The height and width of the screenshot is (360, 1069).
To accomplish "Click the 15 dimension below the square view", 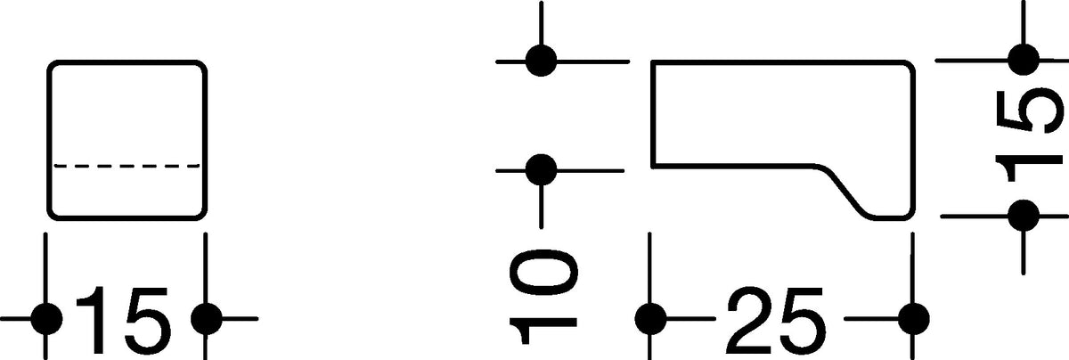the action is [x=123, y=320].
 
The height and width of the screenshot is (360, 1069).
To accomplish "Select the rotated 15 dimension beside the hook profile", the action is [x=1030, y=137].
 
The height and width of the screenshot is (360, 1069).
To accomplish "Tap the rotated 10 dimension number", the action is [x=543, y=297].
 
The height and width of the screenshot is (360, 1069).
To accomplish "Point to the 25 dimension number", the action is [x=776, y=320].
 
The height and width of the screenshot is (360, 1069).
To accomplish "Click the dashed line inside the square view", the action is [x=126, y=166].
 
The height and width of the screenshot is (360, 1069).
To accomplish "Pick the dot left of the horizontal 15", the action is [x=46, y=318].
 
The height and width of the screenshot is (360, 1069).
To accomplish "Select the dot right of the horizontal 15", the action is [x=206, y=318].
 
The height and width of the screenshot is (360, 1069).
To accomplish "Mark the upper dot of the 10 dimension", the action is [x=541, y=61].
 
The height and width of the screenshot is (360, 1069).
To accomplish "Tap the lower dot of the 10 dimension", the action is [x=541, y=170].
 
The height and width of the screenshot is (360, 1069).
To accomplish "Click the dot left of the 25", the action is [x=650, y=318].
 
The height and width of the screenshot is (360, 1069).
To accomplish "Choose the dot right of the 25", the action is [x=913, y=318].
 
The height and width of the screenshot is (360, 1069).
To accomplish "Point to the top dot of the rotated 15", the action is [x=1024, y=60].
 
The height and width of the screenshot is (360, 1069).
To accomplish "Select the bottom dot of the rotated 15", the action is [x=1024, y=216].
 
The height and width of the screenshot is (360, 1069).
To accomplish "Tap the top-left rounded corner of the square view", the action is [x=53, y=66].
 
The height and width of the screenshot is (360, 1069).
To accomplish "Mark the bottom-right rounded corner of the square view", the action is [x=201, y=215].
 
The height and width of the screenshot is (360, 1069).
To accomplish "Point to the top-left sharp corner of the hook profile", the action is [x=653, y=62].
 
